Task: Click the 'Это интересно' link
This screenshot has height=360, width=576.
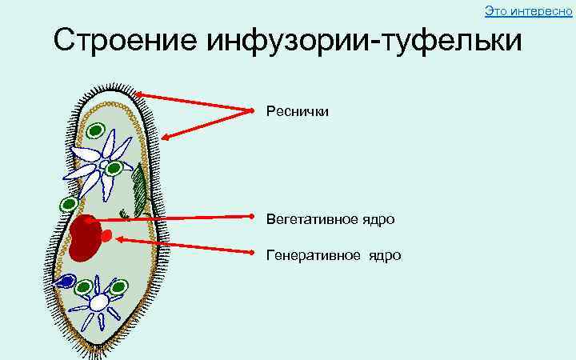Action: click(x=529, y=10)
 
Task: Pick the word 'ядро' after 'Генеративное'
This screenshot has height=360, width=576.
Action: click(x=385, y=255)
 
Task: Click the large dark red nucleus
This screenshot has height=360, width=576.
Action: click(x=85, y=238)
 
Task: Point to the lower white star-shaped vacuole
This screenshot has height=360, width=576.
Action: click(x=98, y=302)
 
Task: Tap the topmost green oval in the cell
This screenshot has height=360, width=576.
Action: click(x=97, y=130)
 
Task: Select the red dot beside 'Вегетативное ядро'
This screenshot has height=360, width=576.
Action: click(x=254, y=216)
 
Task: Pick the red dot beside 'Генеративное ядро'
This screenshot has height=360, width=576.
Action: click(x=254, y=254)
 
